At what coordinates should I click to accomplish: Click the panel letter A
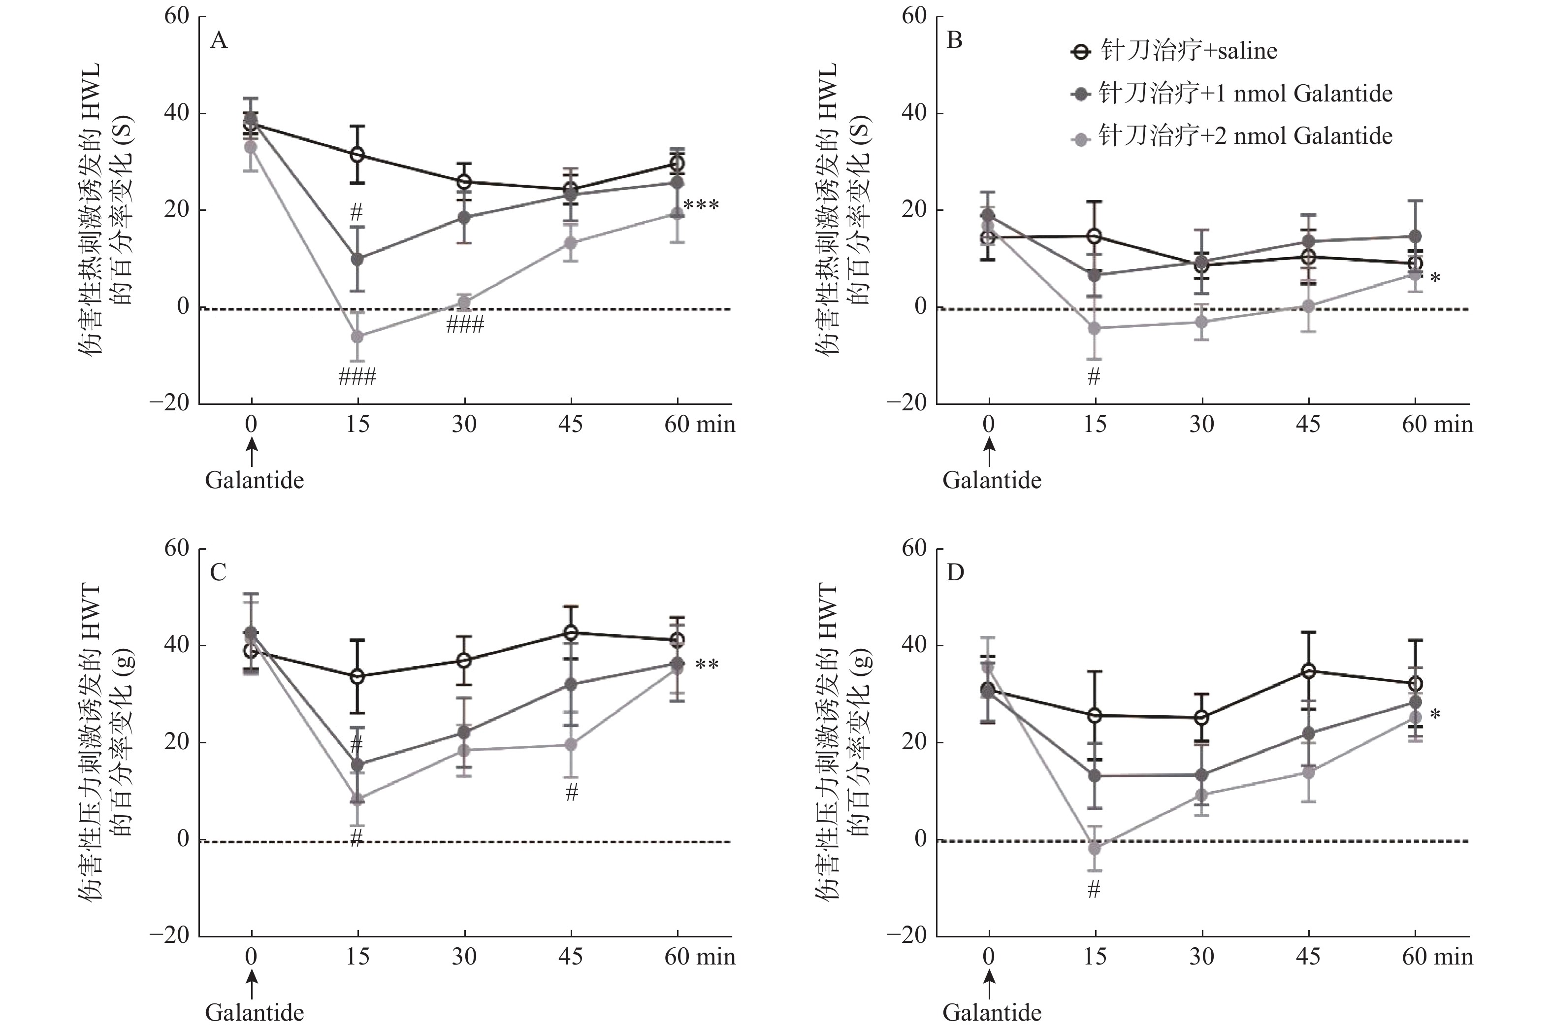pyautogui.click(x=219, y=41)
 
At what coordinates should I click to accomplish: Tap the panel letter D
pyautogui.click(x=955, y=573)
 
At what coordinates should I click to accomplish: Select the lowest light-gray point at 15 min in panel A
pyautogui.click(x=357, y=336)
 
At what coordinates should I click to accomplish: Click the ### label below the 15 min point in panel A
pyautogui.click(x=357, y=377)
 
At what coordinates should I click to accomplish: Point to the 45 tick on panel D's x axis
pyautogui.click(x=1308, y=957)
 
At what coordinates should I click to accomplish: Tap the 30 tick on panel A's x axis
pyautogui.click(x=464, y=425)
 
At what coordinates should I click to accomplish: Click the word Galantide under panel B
pyautogui.click(x=992, y=480)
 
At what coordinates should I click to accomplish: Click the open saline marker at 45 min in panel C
pyautogui.click(x=571, y=632)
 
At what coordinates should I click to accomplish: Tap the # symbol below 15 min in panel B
pyautogui.click(x=1094, y=377)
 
